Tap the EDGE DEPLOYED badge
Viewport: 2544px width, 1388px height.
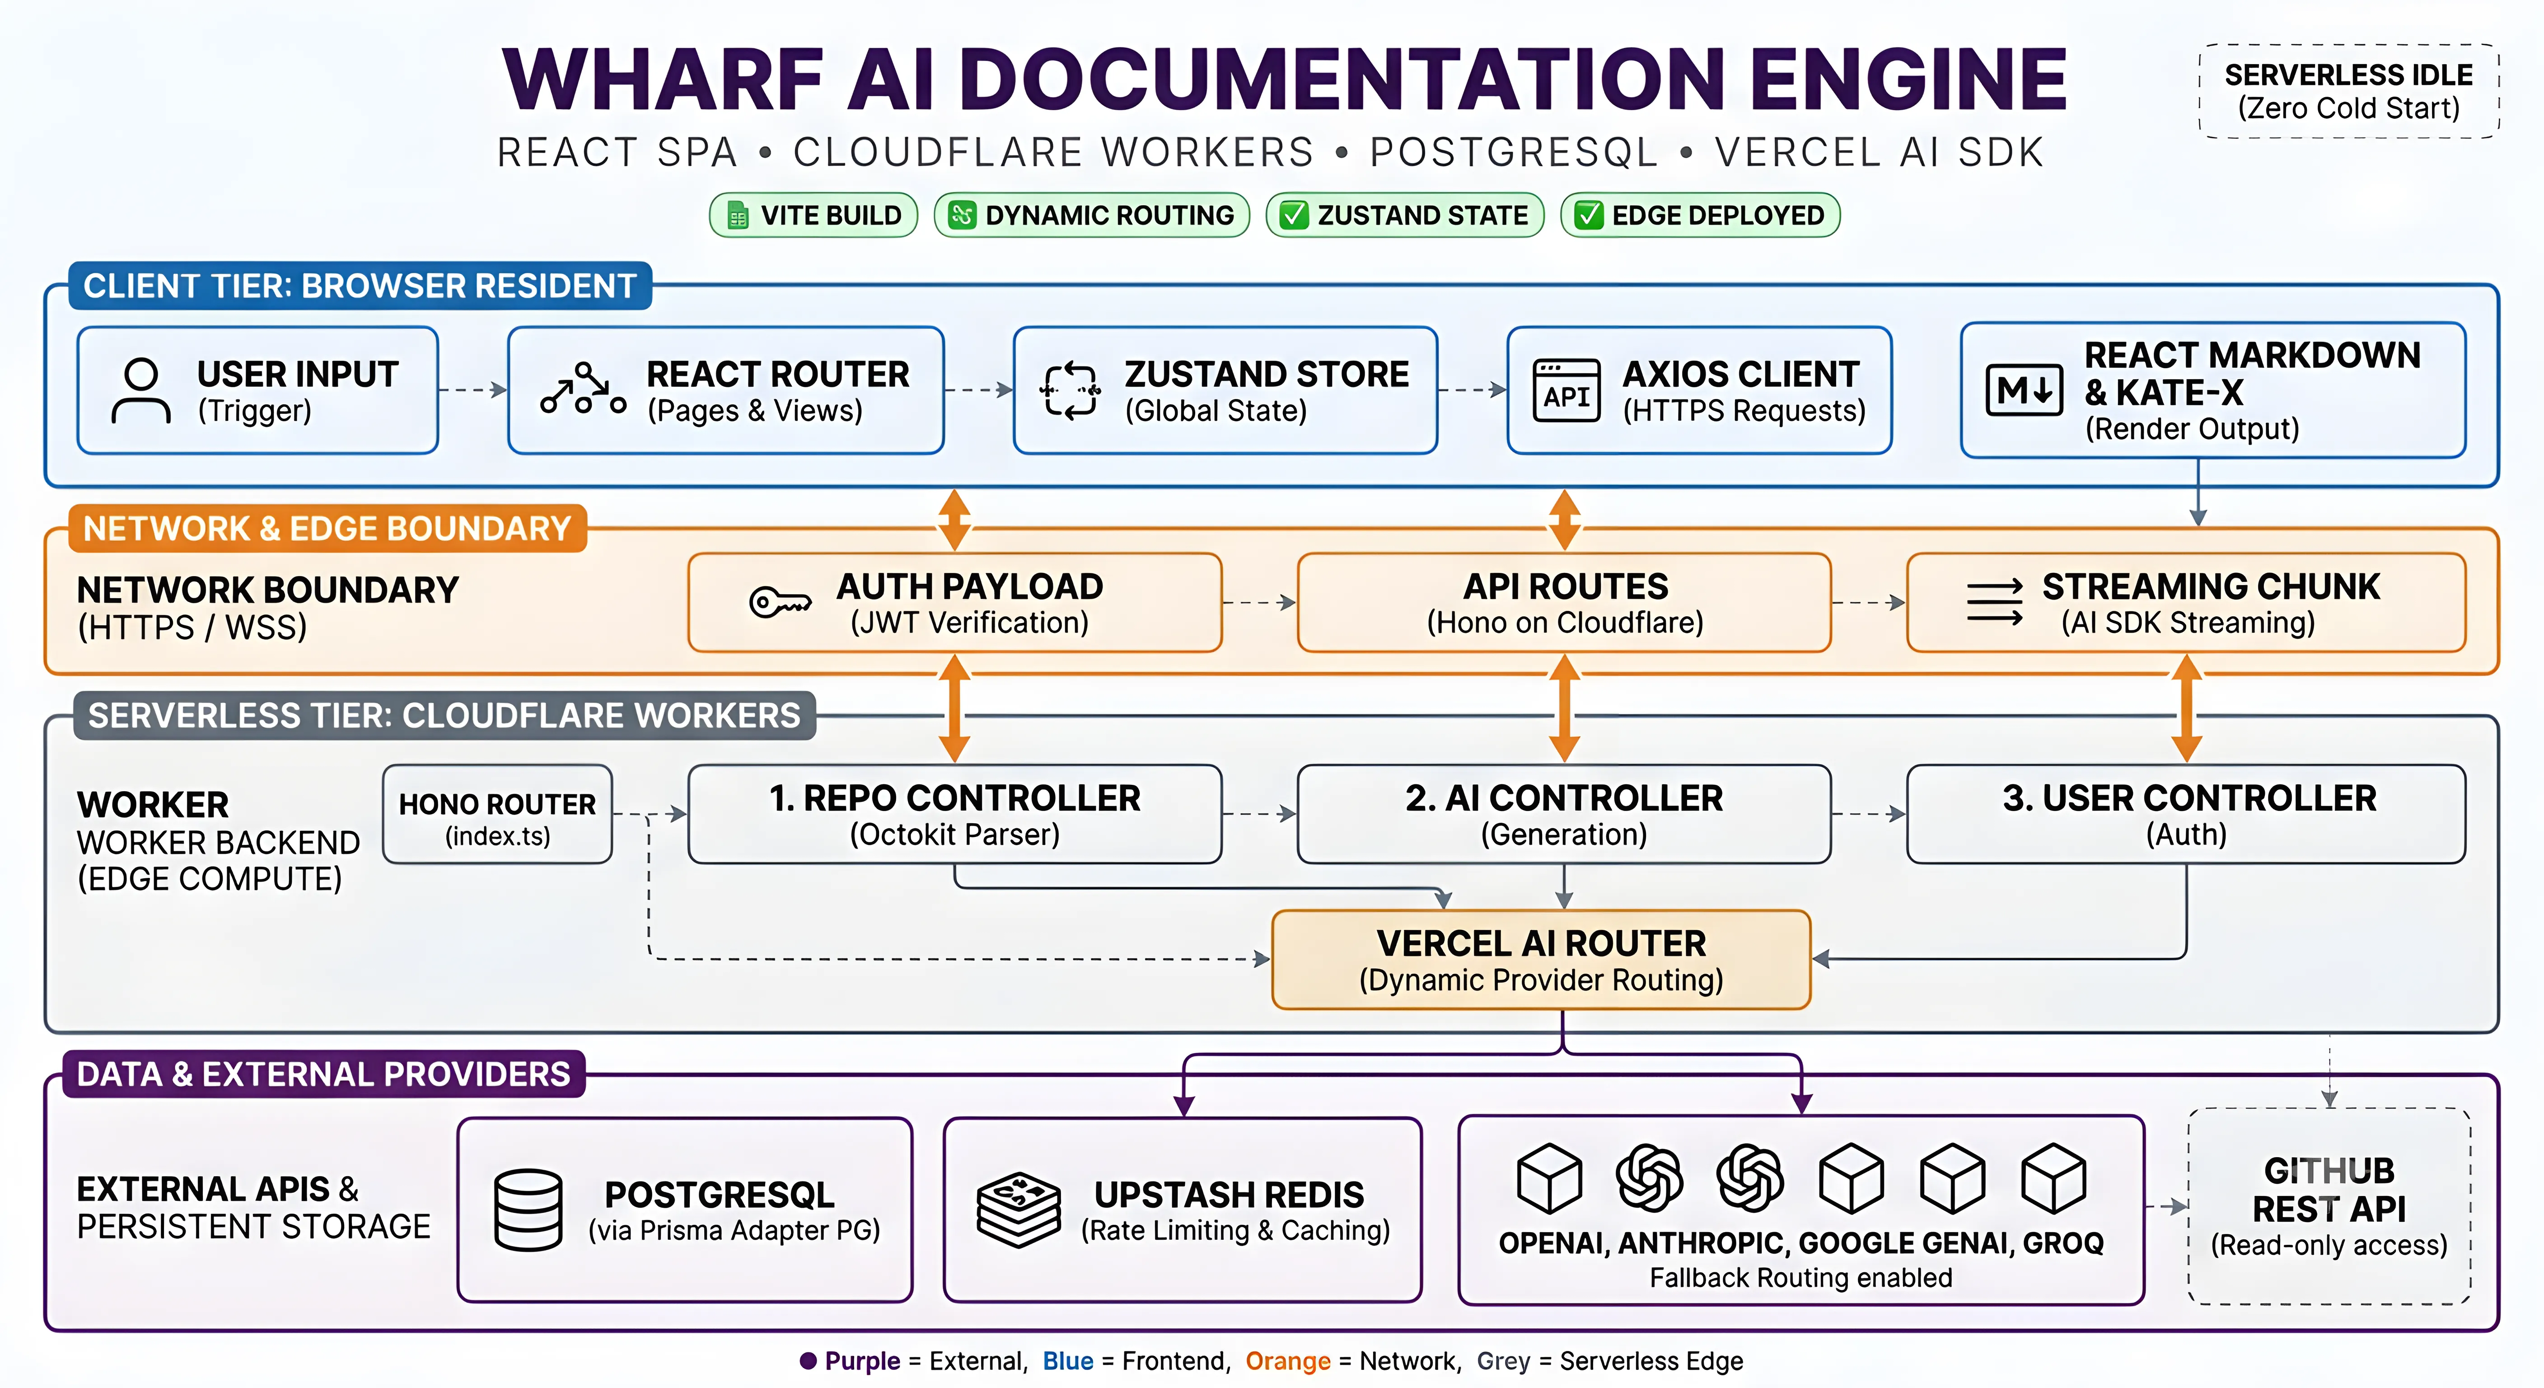(1700, 216)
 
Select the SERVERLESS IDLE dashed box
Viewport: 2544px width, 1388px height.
(2348, 91)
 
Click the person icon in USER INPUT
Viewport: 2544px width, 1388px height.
(141, 390)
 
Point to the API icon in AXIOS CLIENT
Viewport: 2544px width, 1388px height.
(1567, 390)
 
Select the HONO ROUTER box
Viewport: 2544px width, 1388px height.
(498, 814)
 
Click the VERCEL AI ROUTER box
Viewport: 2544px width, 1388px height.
(1541, 959)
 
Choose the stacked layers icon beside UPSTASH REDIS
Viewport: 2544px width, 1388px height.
(1018, 1210)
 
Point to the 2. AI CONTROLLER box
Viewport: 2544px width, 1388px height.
(1564, 814)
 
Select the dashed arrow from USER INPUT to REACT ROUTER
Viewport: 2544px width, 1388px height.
(473, 390)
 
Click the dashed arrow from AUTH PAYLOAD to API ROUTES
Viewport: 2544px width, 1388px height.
(1259, 602)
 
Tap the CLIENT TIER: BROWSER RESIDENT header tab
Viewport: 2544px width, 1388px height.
(360, 286)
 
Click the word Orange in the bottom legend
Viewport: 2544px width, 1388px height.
(1288, 1361)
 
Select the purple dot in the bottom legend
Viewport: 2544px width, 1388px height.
(808, 1361)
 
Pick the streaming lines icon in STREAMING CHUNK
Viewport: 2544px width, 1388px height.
(1994, 602)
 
